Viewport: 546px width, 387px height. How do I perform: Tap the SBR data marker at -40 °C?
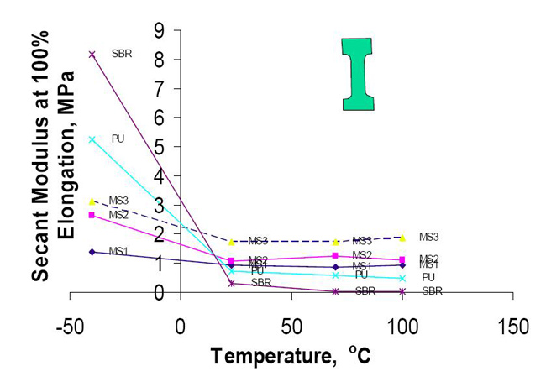click(x=92, y=55)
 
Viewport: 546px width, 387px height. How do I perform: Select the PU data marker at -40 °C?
click(x=92, y=139)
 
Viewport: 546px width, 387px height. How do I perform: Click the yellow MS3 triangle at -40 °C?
click(x=92, y=201)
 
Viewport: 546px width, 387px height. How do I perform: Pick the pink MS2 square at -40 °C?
click(x=92, y=216)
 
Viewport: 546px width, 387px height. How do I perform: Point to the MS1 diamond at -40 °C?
click(x=92, y=252)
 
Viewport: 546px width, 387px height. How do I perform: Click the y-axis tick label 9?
click(x=158, y=31)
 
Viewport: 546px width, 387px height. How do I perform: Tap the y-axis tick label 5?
click(x=158, y=147)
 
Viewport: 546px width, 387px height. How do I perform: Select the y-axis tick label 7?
click(x=158, y=89)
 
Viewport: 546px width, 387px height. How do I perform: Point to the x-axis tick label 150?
click(x=514, y=325)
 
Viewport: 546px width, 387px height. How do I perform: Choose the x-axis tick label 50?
click(x=291, y=325)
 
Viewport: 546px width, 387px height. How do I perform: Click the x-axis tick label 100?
click(x=402, y=325)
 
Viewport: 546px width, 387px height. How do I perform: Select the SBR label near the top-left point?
click(x=121, y=54)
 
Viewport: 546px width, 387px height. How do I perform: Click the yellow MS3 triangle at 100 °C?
click(x=402, y=238)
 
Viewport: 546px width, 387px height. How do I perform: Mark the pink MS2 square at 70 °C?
click(x=335, y=255)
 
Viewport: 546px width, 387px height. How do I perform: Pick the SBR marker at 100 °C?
click(x=402, y=291)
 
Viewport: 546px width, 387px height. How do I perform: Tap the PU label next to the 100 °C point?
click(x=428, y=277)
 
